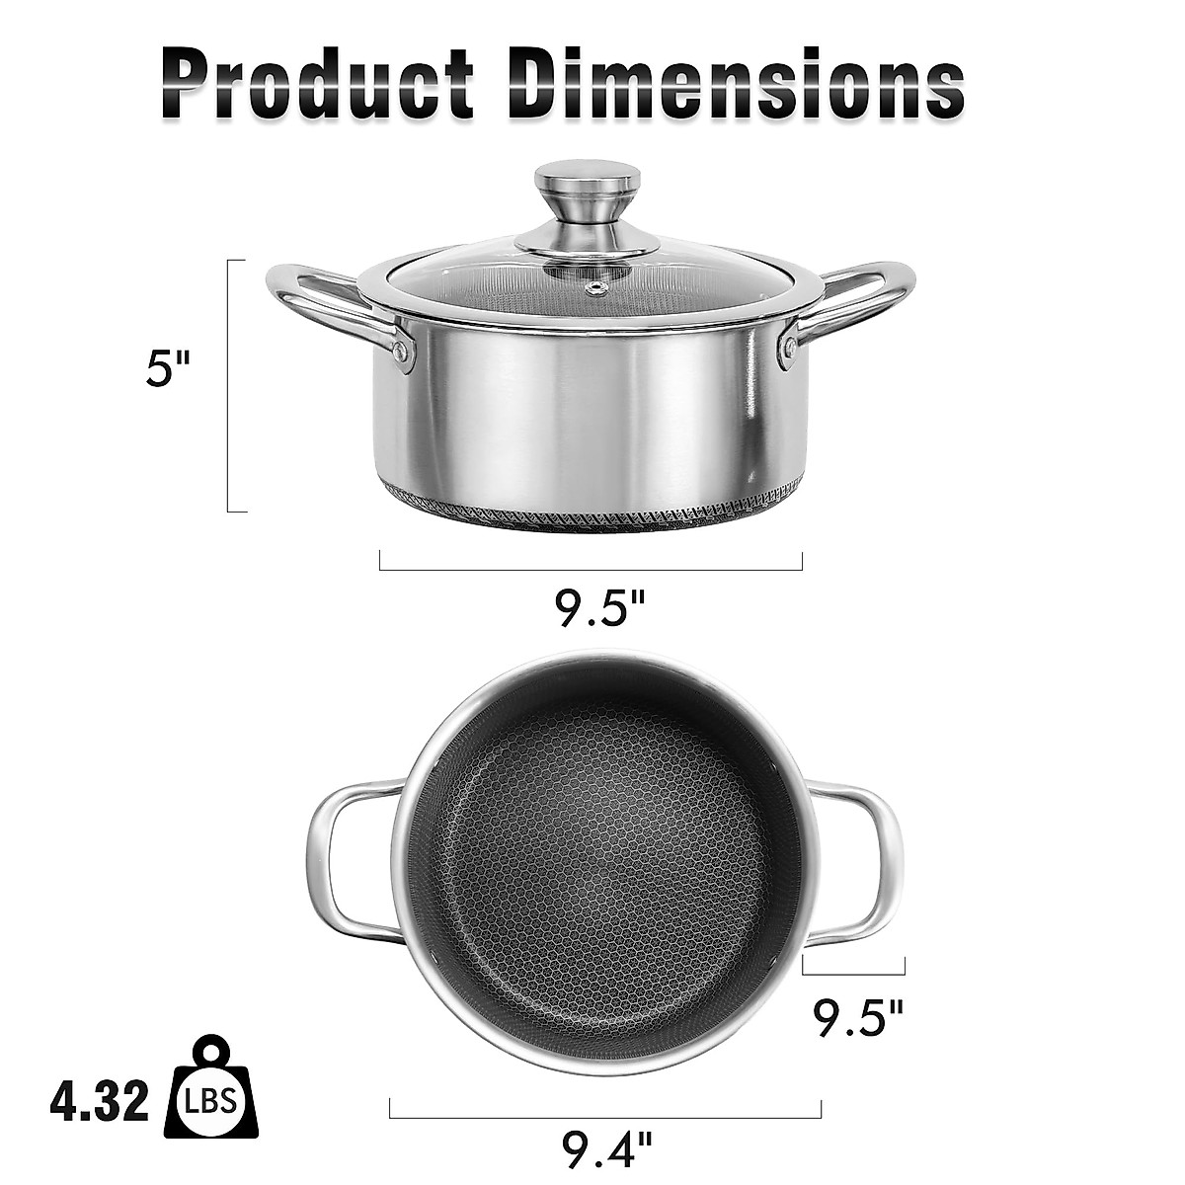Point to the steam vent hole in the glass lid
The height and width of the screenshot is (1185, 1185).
tap(596, 288)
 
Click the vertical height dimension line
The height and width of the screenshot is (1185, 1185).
tap(229, 385)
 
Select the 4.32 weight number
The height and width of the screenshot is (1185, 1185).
tap(100, 1101)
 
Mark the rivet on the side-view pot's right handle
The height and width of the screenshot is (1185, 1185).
tap(789, 347)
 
